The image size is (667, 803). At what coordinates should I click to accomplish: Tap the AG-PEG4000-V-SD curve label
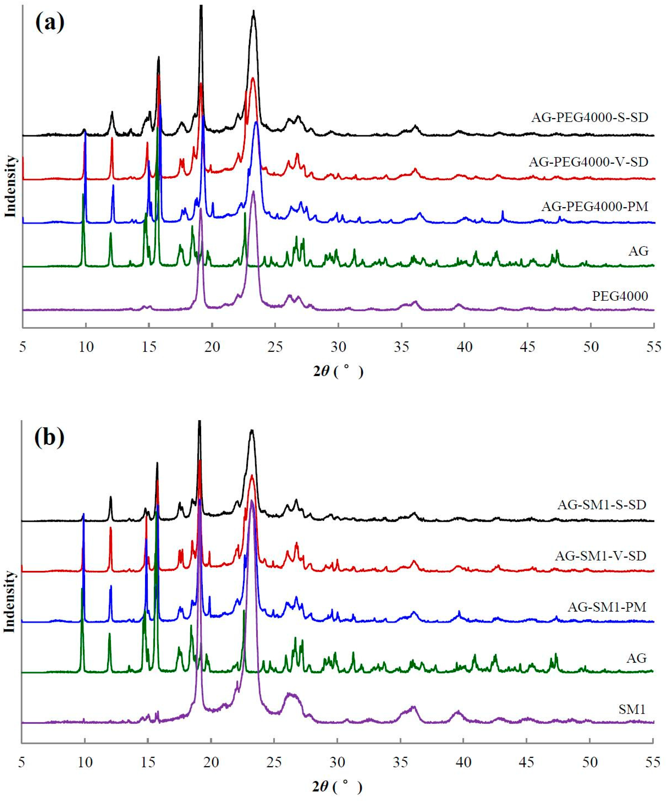coord(589,162)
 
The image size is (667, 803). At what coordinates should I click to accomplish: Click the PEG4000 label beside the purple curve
coord(620,296)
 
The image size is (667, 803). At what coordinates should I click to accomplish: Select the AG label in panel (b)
coord(636,658)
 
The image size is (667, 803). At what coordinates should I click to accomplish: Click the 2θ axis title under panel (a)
coord(338,371)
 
